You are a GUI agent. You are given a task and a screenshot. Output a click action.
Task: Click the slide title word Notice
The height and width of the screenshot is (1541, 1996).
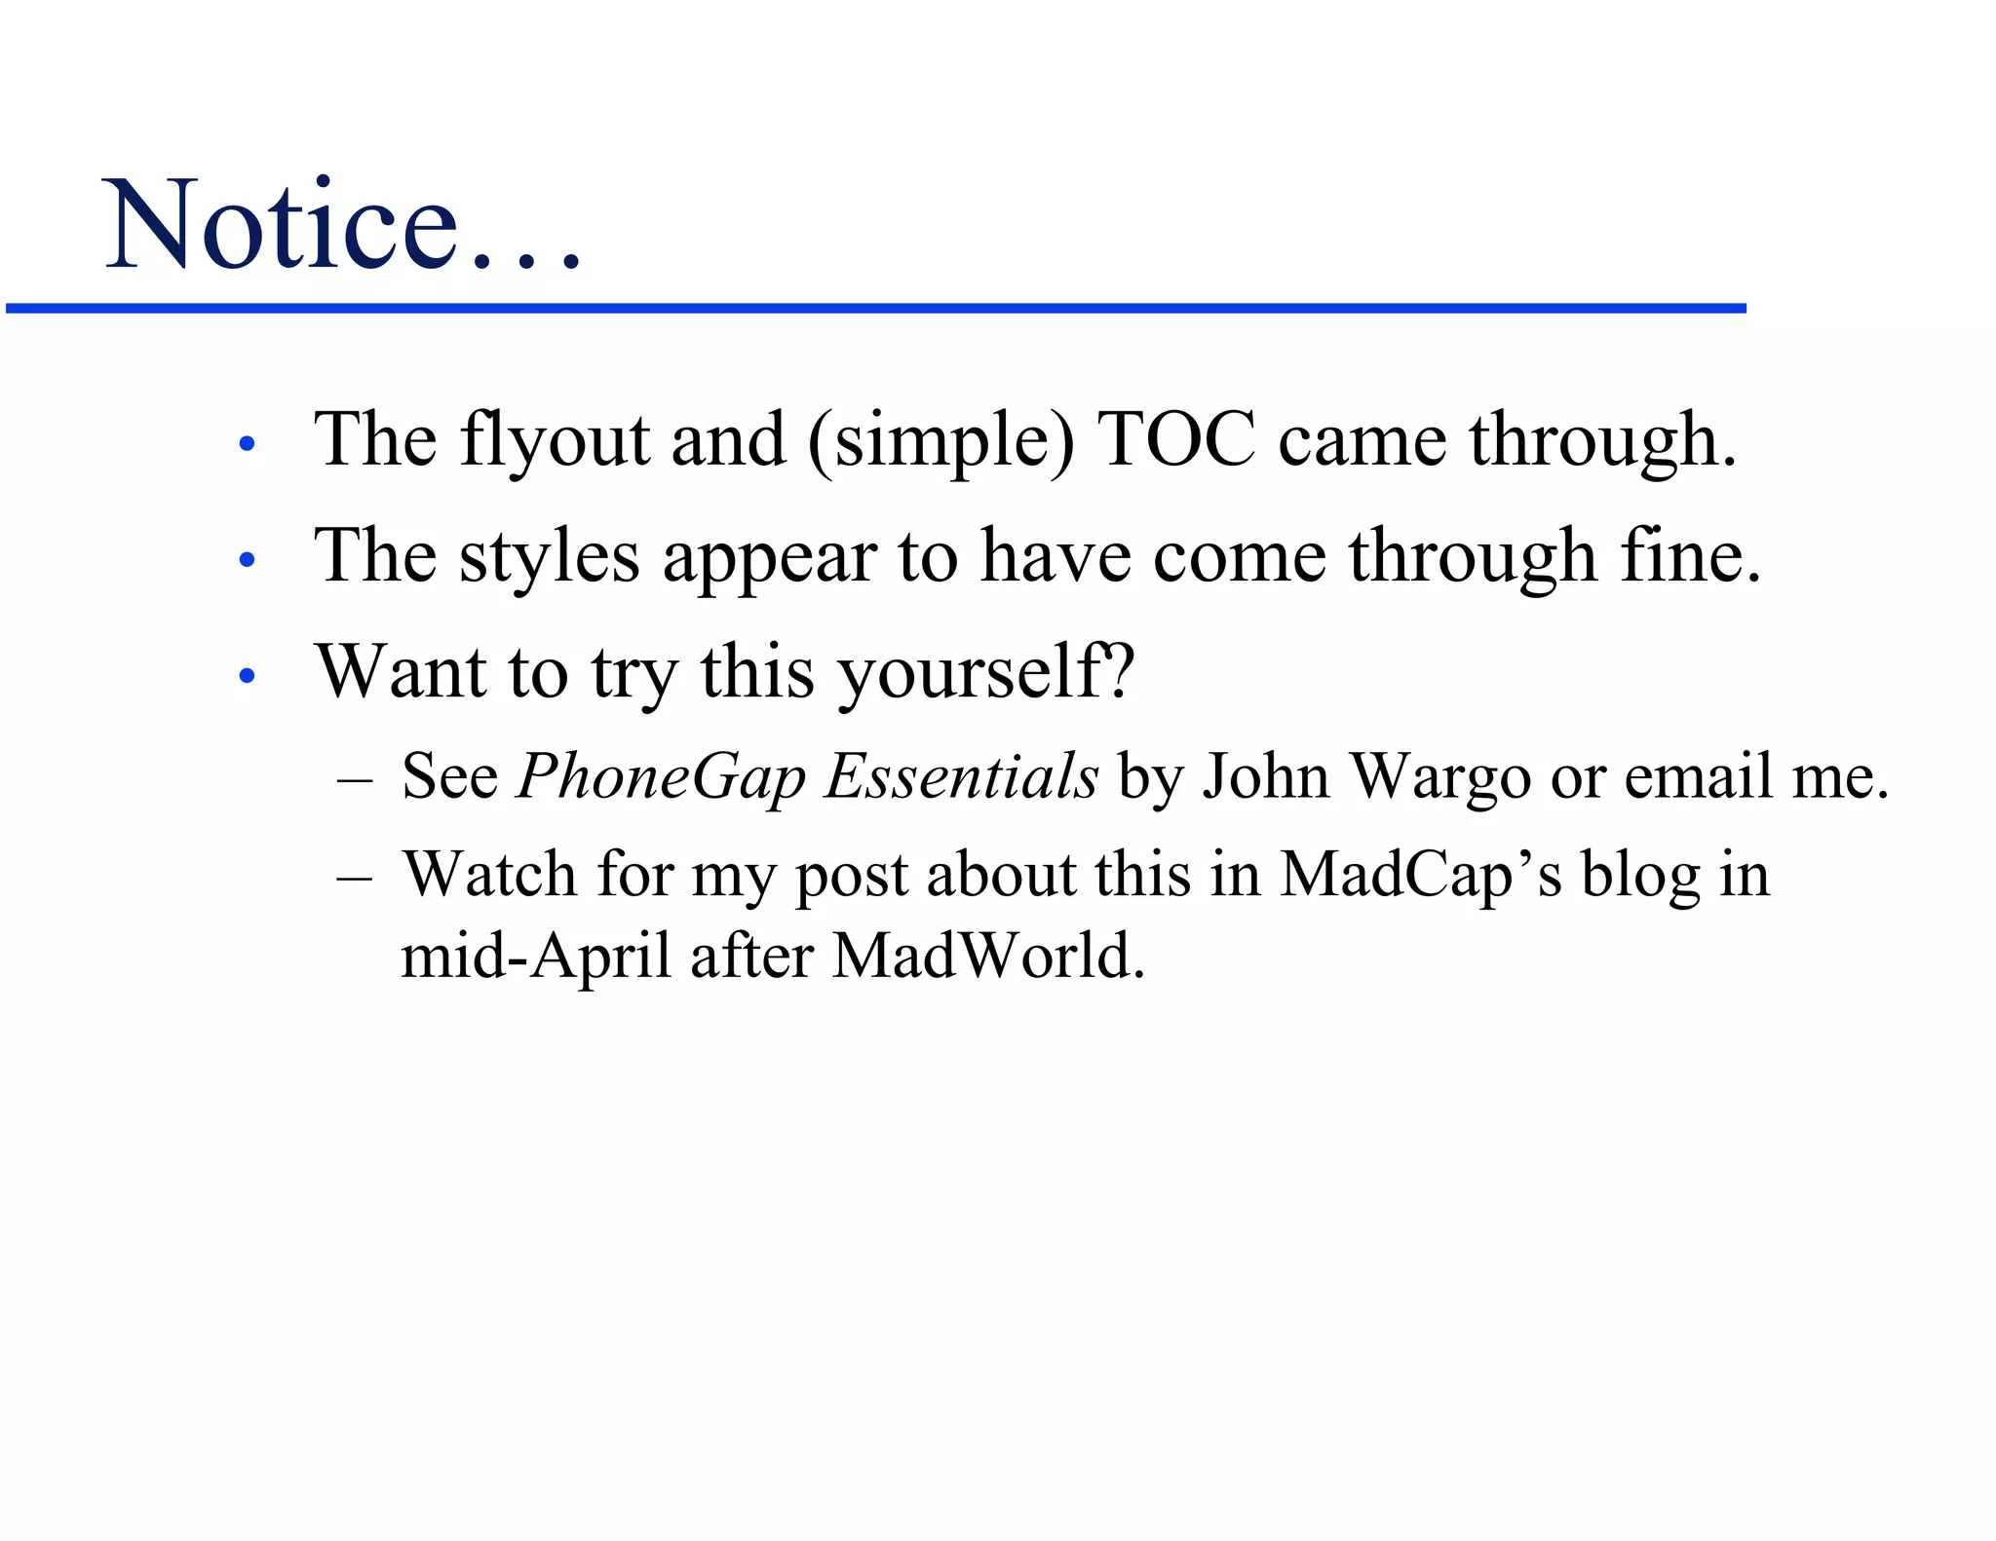tap(283, 226)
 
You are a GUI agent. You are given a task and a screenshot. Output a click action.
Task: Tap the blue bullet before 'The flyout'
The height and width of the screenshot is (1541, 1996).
tap(247, 444)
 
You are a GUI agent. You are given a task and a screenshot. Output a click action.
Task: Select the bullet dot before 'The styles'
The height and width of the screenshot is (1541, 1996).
tap(247, 560)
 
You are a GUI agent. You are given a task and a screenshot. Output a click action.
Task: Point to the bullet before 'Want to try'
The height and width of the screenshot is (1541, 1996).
tap(247, 675)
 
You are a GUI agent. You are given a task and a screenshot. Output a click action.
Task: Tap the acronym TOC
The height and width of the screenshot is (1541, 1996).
tap(1175, 440)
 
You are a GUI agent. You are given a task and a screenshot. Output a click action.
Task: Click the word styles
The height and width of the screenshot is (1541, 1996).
tap(550, 557)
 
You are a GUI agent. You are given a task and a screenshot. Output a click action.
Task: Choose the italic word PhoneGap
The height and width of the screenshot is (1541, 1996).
tap(662, 778)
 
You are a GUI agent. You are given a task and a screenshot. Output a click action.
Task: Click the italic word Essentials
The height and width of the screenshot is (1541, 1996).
tap(961, 776)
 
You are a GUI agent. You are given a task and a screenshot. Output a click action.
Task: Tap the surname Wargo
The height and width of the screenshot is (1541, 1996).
tap(1441, 778)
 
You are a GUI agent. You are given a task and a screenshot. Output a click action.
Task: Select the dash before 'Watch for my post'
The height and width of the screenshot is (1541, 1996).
tap(354, 878)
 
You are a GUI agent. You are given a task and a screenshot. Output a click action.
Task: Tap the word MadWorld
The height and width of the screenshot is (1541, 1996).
tap(988, 957)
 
